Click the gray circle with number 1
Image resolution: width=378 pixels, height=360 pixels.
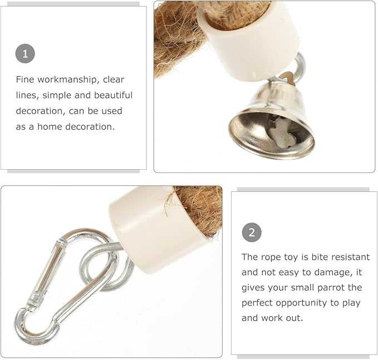click(x=25, y=54)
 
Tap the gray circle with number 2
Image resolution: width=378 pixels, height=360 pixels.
click(x=252, y=233)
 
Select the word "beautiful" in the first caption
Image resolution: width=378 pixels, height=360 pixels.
click(x=114, y=95)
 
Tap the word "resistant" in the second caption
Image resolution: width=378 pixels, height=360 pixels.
click(x=351, y=257)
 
